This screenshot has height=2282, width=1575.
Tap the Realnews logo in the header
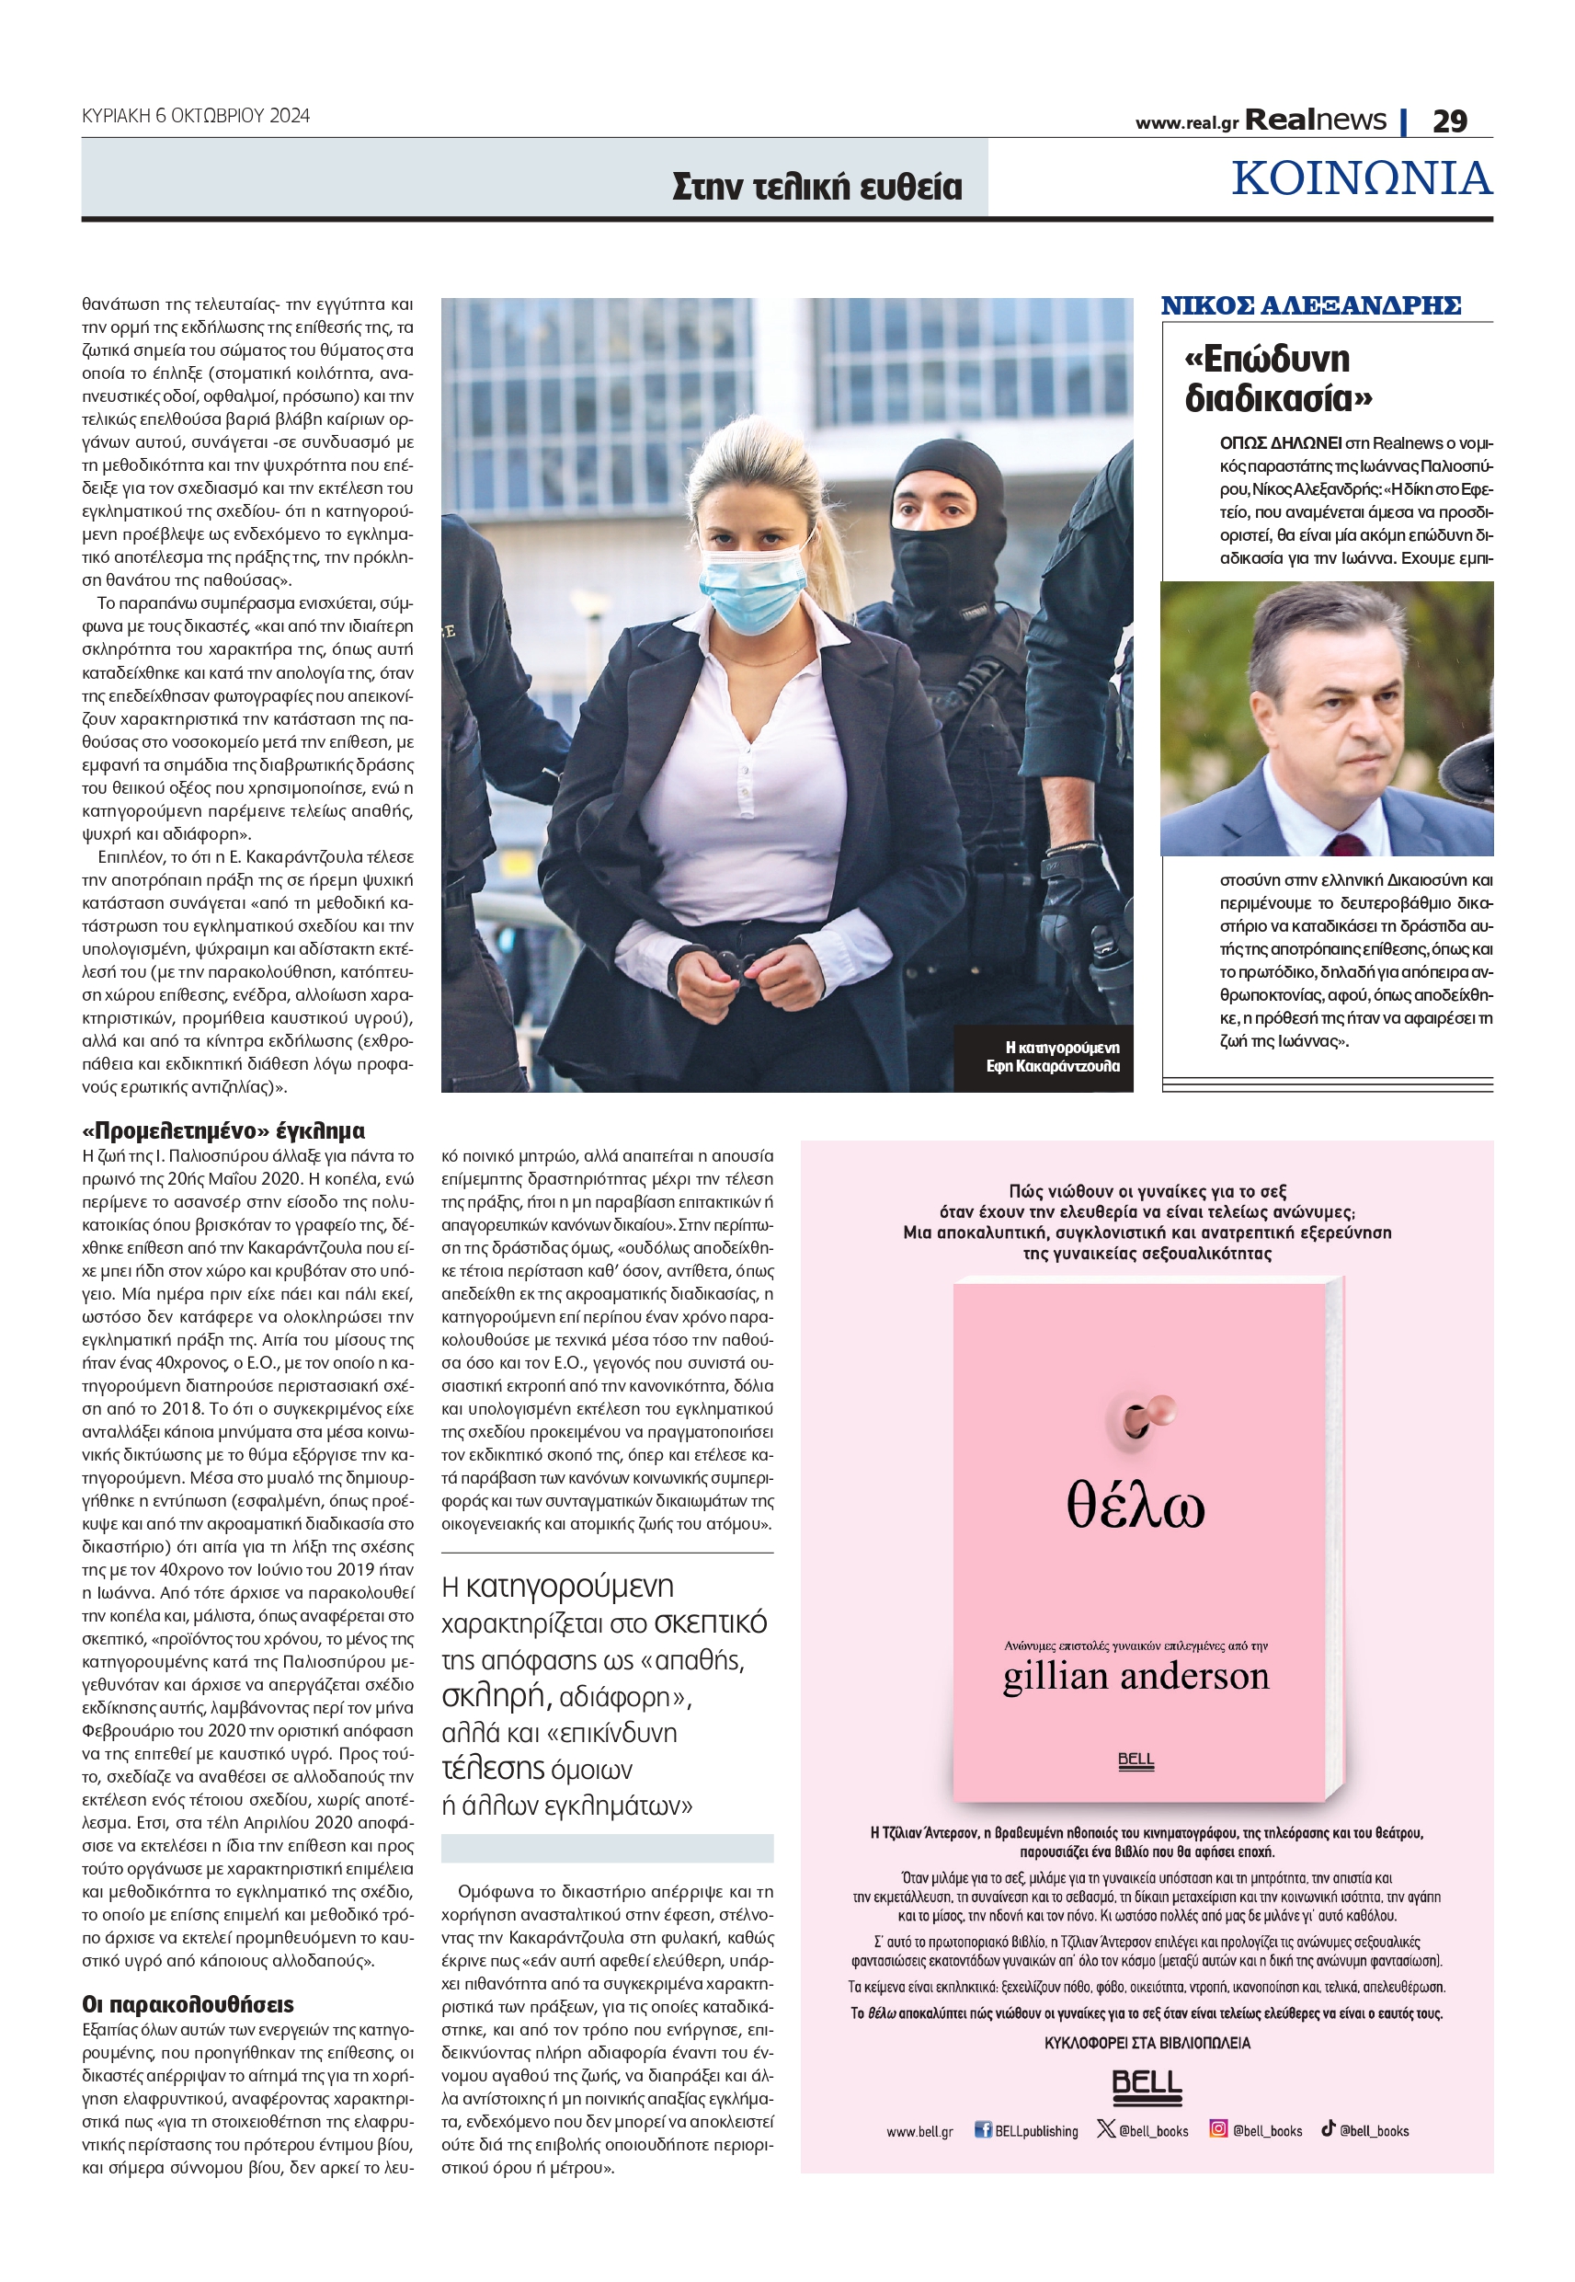[x=1315, y=120]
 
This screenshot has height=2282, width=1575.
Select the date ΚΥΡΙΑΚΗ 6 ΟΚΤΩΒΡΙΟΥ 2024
[x=196, y=116]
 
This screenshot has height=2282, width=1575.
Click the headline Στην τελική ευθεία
[x=816, y=187]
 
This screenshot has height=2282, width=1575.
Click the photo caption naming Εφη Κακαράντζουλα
[x=1053, y=1056]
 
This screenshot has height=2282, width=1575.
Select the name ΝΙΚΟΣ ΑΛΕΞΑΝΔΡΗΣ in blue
[x=1309, y=306]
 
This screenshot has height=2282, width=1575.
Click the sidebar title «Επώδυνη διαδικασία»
[x=1277, y=378]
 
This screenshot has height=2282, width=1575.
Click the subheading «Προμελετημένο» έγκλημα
[x=223, y=1130]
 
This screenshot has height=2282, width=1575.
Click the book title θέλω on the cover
[x=1135, y=1508]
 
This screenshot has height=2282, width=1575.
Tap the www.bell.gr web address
[x=919, y=2131]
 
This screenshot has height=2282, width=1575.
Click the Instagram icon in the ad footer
[x=1219, y=2129]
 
